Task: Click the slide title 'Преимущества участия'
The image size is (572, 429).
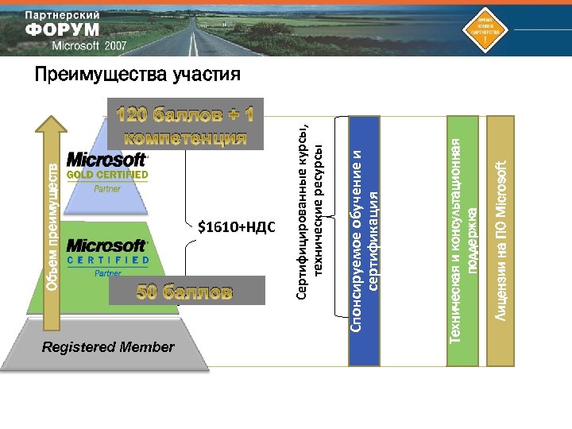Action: click(x=137, y=75)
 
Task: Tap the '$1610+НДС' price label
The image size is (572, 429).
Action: click(x=236, y=228)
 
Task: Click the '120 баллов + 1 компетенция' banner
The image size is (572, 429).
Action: click(x=185, y=125)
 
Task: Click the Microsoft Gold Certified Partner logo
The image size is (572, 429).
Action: click(x=107, y=172)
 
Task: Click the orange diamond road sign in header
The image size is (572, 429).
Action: click(x=485, y=29)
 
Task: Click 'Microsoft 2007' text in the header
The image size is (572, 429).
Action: click(x=89, y=45)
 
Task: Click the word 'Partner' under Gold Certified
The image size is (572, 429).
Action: click(x=107, y=189)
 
